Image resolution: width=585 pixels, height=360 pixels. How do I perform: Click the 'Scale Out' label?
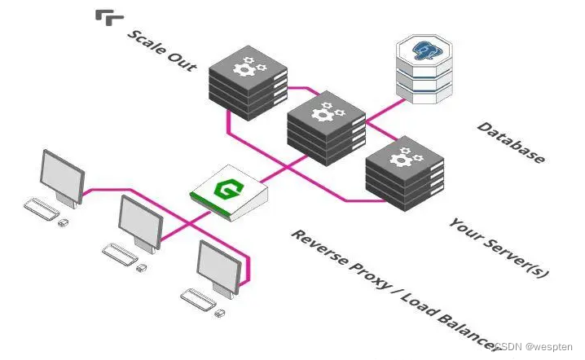(x=162, y=50)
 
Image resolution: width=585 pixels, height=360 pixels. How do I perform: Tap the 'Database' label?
(x=511, y=143)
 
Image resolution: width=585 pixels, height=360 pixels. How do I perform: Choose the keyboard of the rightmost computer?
(x=196, y=300)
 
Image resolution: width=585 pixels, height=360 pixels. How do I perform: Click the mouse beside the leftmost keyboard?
(x=63, y=221)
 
